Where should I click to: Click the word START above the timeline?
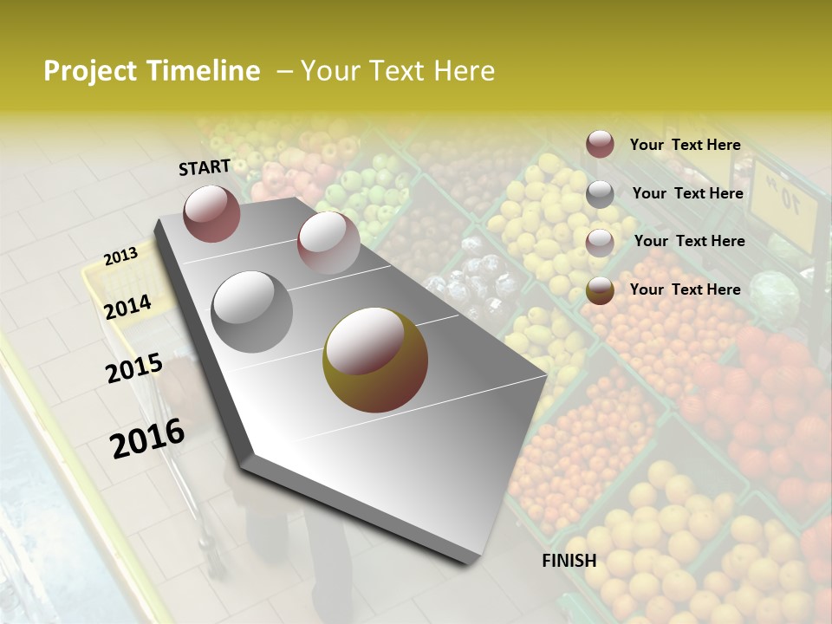pyautogui.click(x=205, y=167)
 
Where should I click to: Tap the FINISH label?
pyautogui.click(x=569, y=561)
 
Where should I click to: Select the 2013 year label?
pyautogui.click(x=120, y=257)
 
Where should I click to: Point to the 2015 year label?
pyautogui.click(x=134, y=368)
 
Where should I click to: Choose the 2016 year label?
pyautogui.click(x=147, y=438)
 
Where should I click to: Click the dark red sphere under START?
pyautogui.click(x=211, y=213)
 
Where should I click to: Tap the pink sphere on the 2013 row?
pyautogui.click(x=328, y=243)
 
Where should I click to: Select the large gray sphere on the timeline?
pyautogui.click(x=252, y=311)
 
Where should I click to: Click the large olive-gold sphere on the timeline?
pyautogui.click(x=375, y=360)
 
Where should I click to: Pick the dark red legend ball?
pyautogui.click(x=600, y=145)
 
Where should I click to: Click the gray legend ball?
pyautogui.click(x=600, y=194)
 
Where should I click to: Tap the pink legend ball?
pyautogui.click(x=600, y=242)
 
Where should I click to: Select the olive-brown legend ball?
pyautogui.click(x=600, y=290)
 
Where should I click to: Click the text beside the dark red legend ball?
pyautogui.click(x=685, y=145)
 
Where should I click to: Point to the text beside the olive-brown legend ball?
pyautogui.click(x=685, y=289)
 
